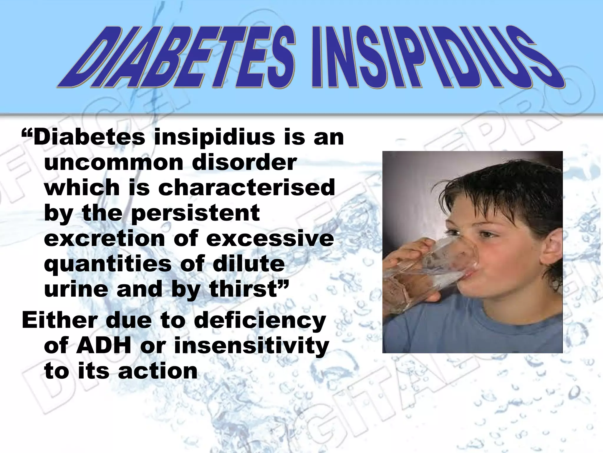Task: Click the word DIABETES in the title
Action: point(177,58)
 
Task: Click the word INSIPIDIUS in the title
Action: point(436,58)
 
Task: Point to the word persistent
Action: point(196,213)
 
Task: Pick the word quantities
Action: point(107,264)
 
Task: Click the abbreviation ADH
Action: point(103,346)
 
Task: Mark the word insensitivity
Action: point(252,346)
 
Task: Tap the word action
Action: point(158,371)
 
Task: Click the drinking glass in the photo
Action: point(442,262)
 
